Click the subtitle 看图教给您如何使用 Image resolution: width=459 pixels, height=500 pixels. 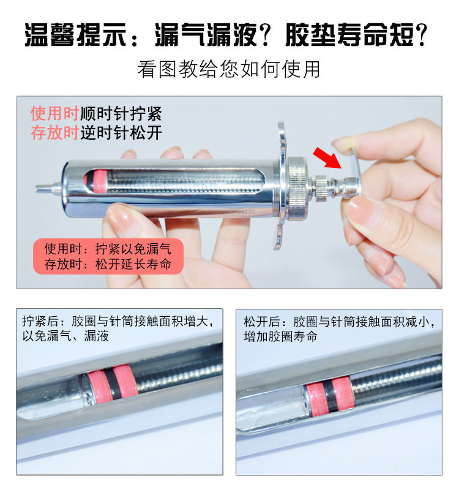pyautogui.click(x=229, y=69)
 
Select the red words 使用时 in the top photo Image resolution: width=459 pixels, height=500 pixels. pyautogui.click(x=54, y=114)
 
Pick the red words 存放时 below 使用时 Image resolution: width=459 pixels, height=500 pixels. pyautogui.click(x=54, y=132)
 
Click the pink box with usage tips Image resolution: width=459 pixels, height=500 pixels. pyautogui.click(x=108, y=257)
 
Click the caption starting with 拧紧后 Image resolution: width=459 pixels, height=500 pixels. pyautogui.click(x=116, y=328)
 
